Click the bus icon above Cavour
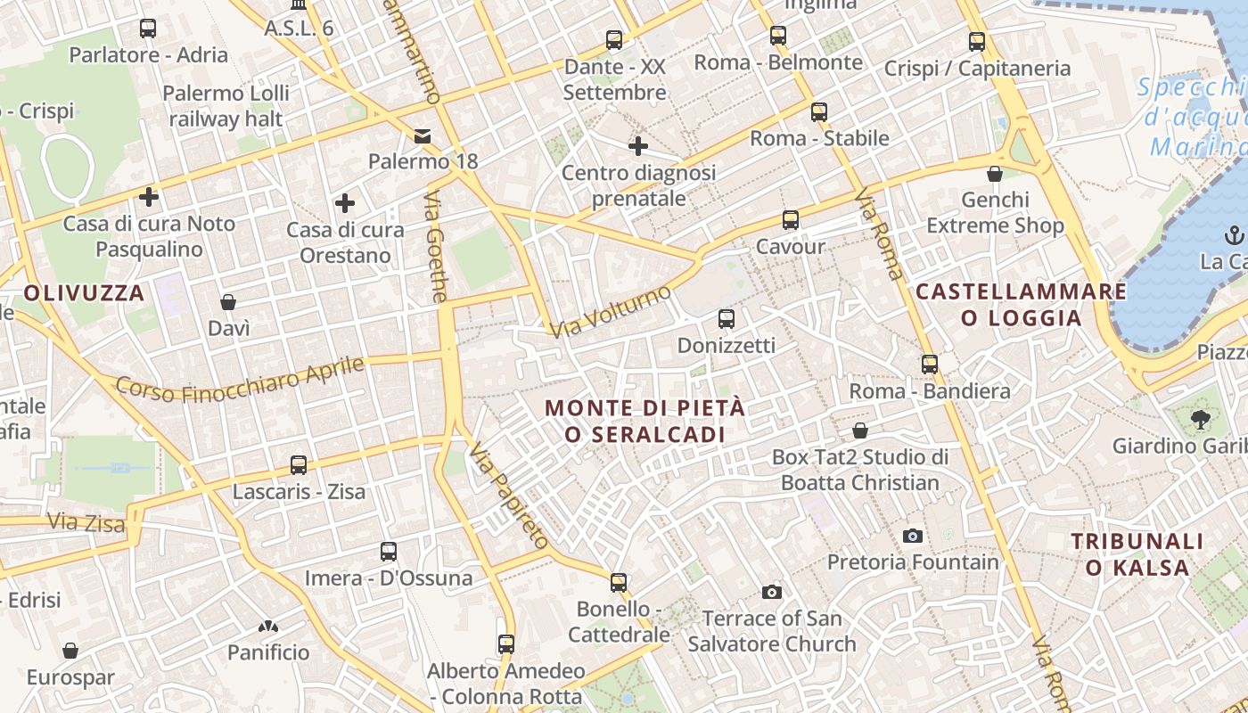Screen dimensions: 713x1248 point(790,219)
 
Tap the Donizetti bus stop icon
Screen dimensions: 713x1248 point(727,318)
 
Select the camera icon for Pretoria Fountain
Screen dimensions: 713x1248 point(912,536)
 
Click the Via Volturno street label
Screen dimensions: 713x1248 point(611,312)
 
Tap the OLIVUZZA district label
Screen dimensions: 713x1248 point(84,292)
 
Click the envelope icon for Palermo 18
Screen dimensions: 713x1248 point(422,135)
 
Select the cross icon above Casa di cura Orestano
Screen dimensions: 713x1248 point(345,203)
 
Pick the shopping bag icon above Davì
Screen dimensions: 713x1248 point(228,302)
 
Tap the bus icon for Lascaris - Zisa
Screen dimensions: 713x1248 point(299,464)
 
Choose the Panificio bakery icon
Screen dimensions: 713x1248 point(267,627)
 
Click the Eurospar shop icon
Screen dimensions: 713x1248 point(70,651)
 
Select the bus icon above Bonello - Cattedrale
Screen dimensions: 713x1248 point(619,583)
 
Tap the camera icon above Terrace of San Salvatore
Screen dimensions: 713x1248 point(772,592)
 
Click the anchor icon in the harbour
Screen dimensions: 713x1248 point(1235,235)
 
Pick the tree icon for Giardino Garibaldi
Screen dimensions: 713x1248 point(1200,418)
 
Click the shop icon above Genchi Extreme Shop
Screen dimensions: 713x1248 point(995,173)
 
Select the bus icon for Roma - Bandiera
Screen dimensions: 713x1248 point(930,364)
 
